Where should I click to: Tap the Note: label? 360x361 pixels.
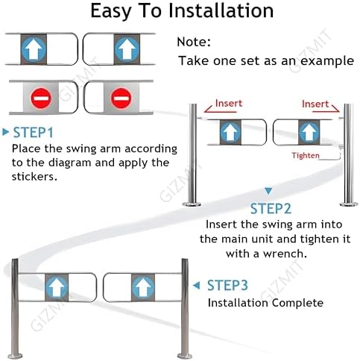(x=195, y=43)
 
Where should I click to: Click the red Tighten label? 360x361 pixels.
(x=306, y=155)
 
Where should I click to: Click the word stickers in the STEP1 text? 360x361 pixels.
(x=37, y=176)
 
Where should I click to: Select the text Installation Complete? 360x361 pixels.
(x=265, y=303)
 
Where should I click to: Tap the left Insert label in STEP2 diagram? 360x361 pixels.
(x=229, y=104)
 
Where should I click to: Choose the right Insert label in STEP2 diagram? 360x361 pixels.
(x=315, y=104)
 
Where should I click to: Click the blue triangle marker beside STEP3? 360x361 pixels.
(x=197, y=285)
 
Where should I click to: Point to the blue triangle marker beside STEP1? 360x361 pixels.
(x=6, y=133)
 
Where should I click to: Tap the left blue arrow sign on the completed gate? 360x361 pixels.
(x=56, y=286)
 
